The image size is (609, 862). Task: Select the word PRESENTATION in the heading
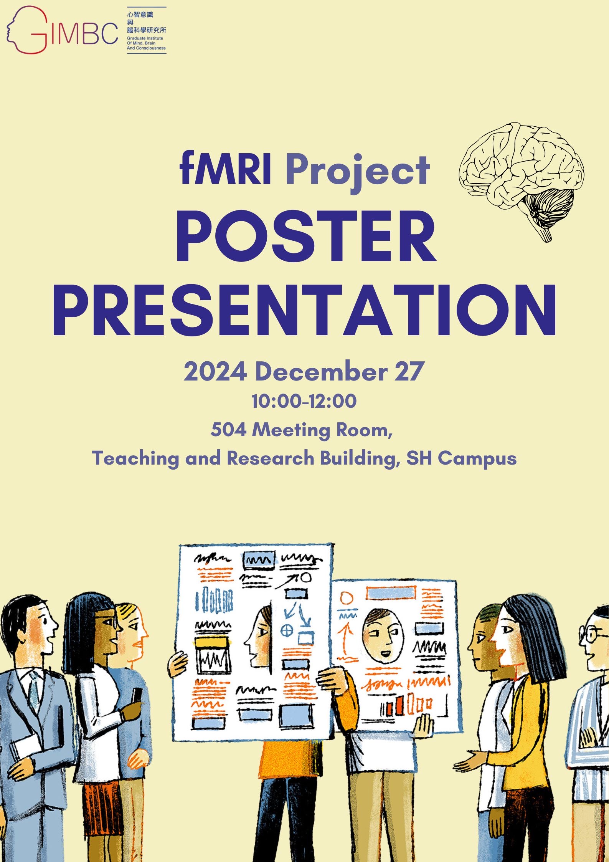click(304, 309)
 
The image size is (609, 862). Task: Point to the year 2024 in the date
click(215, 371)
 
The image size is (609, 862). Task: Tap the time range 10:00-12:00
click(304, 401)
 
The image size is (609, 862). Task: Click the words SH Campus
click(461, 458)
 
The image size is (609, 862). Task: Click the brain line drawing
click(522, 180)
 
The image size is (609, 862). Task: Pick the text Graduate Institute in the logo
click(145, 38)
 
